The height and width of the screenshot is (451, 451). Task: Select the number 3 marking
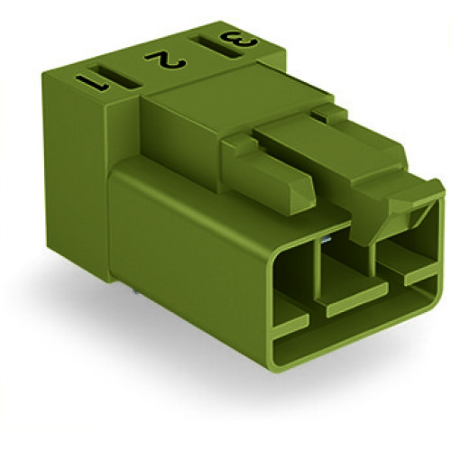pyautogui.click(x=232, y=41)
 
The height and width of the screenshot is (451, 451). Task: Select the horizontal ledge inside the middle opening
pyautogui.click(x=354, y=301)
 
